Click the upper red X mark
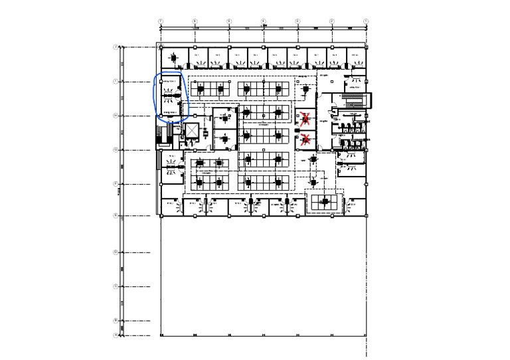[305, 120]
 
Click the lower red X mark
[305, 139]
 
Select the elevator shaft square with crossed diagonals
[192, 130]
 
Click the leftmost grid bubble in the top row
[160, 21]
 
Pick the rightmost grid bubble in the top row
[366, 21]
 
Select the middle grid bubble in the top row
[263, 21]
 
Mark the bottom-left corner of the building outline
[161, 335]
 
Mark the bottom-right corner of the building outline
[366, 335]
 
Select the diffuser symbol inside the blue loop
[171, 97]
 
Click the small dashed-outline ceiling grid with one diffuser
[325, 201]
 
